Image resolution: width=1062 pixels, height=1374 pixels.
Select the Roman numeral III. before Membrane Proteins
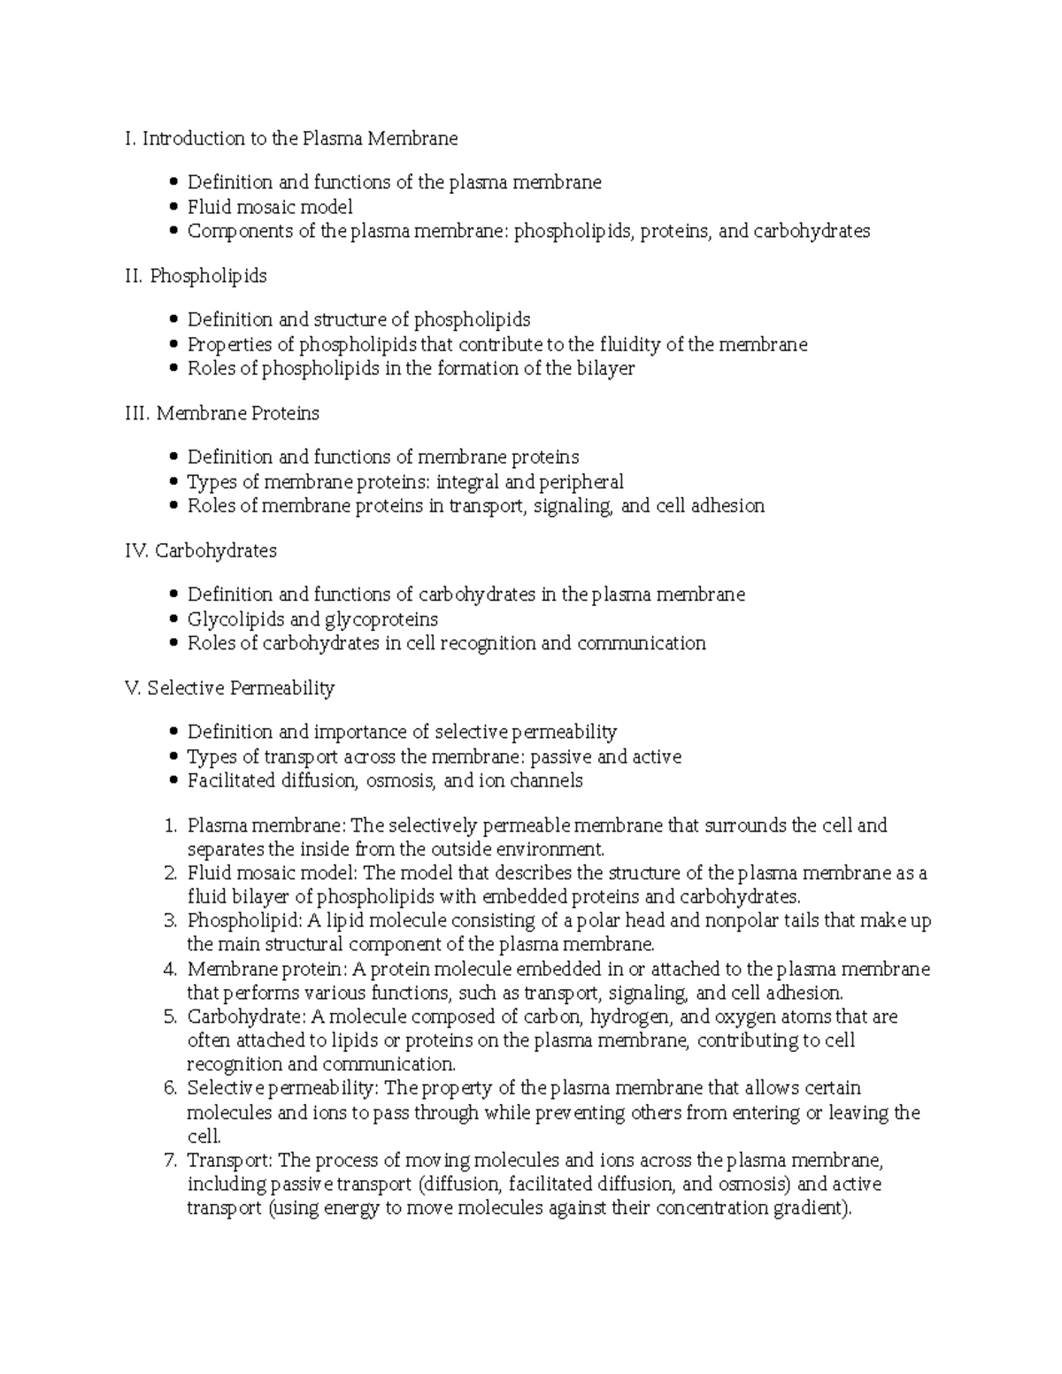click(x=138, y=413)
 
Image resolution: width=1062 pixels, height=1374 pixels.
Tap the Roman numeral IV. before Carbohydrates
click(x=137, y=550)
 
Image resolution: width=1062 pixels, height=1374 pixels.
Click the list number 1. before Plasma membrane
click(x=171, y=826)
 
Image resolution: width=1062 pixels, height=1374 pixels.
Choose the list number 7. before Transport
click(x=171, y=1161)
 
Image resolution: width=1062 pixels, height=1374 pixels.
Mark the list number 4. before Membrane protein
click(x=171, y=970)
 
